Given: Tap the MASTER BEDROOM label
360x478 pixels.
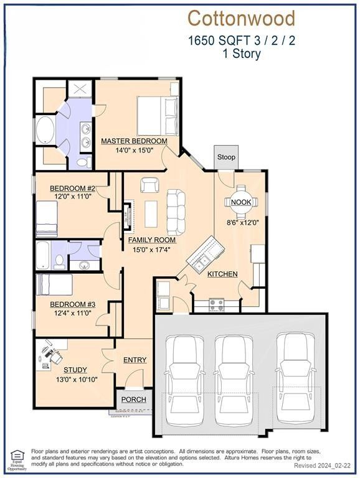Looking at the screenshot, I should point(135,141).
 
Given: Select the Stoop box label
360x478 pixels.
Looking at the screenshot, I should point(226,157).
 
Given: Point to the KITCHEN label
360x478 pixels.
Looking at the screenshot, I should point(222,274).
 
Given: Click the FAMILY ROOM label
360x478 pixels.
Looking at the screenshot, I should point(152,240).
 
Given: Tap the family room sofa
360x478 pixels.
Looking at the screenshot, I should point(176,212).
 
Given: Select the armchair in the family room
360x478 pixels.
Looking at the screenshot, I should point(149,185).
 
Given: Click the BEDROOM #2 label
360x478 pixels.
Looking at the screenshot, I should point(72,189).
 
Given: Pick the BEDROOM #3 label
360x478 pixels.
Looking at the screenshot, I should point(72,304).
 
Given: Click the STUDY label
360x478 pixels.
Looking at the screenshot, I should point(75,370).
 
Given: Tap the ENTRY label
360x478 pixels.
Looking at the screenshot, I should point(135,360).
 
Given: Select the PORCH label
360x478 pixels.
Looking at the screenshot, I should point(133,400).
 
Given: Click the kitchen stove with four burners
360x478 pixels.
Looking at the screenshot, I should point(217,304).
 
